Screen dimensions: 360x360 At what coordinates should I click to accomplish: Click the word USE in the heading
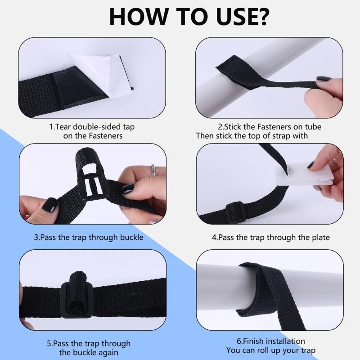point(232,17)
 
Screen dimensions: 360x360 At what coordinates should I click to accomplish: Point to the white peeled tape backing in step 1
point(101,73)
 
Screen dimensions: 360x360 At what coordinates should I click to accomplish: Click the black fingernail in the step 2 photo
point(324,79)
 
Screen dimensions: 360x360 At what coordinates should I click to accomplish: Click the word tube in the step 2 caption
point(313,127)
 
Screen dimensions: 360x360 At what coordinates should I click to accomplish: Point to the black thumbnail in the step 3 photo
point(49,205)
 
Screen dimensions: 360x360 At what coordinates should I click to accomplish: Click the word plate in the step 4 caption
point(320,238)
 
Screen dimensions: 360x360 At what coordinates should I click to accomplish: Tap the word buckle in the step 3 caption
point(132,238)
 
